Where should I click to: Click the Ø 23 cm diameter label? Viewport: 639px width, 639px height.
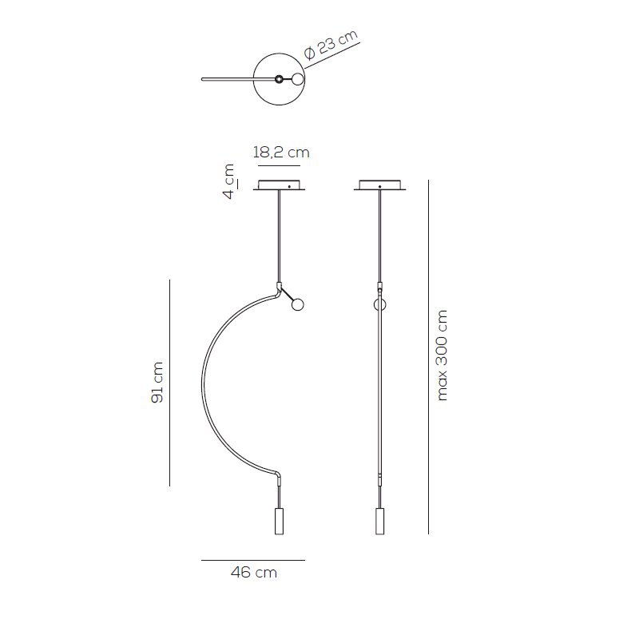pyautogui.click(x=331, y=45)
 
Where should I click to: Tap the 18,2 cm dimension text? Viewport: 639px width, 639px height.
pyautogui.click(x=281, y=153)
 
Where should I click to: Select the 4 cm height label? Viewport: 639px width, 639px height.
pyautogui.click(x=230, y=181)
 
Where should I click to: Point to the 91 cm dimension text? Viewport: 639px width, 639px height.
pyautogui.click(x=157, y=383)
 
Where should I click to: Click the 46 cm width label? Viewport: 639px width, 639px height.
pyautogui.click(x=254, y=572)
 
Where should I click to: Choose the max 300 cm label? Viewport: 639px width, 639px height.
pyautogui.click(x=442, y=355)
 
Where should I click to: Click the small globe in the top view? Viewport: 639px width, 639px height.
pyautogui.click(x=298, y=79)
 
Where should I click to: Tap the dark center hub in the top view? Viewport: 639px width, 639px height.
pyautogui.click(x=279, y=79)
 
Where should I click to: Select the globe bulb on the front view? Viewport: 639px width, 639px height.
pyautogui.click(x=298, y=304)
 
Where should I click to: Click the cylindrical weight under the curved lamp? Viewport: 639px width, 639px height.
pyautogui.click(x=279, y=522)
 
